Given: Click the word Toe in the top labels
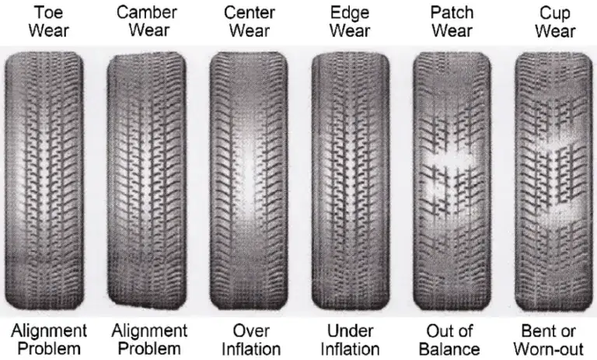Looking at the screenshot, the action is pos(48,12).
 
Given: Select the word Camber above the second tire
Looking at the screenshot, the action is pos(147,12).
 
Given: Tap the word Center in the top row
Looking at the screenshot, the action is pos(250,12).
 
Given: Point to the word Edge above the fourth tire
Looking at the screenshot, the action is pos(350,13).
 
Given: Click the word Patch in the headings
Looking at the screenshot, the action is pos(452,12).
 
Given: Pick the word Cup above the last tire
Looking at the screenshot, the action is pos(555,14).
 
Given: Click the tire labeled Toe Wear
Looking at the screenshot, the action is pos(44,181).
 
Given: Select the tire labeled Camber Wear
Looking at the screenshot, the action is pos(147,181).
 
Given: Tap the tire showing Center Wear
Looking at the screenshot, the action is pos(249,181).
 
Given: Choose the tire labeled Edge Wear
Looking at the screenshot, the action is pos(351,181).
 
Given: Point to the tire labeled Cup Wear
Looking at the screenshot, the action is pos(553,181).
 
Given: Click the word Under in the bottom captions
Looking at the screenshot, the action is pos(350,330).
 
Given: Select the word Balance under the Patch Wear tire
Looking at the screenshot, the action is pos(449,349).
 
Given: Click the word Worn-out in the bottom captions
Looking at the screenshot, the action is pos(548,349).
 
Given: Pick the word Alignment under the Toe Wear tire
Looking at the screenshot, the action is pos(49,331).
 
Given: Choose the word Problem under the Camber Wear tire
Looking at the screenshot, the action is pos(149,349).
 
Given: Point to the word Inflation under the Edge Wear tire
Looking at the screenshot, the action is pos(350,349).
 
